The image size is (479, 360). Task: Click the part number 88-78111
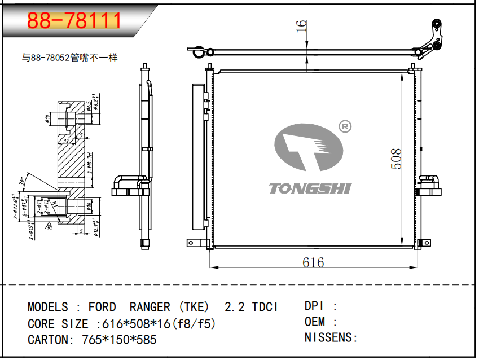74,21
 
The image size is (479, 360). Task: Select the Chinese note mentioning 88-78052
69,58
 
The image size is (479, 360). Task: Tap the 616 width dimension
313,262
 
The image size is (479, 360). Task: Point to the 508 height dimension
396,159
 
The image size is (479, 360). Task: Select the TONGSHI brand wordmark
309,188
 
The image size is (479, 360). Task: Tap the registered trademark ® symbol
344,127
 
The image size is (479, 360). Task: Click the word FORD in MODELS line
102,308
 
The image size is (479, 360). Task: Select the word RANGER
150,308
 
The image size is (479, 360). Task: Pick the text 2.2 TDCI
251,308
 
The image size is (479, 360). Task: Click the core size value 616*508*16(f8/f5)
156,324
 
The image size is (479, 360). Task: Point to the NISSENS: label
331,338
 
